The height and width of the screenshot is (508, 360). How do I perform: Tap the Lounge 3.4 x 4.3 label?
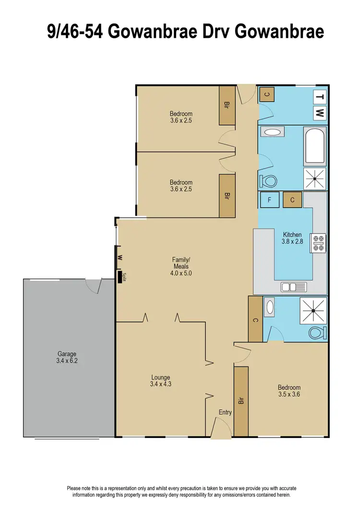point(160,380)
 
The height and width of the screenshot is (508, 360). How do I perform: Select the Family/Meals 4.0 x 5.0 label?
point(180,266)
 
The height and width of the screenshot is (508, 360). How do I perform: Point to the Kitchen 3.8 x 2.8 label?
point(292,238)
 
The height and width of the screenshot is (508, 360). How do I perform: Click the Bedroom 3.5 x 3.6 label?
point(289,391)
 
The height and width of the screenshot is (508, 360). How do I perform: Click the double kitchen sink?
point(294,287)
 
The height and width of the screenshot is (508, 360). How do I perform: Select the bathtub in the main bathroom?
point(315,146)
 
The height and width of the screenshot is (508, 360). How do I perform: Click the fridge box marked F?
point(270,200)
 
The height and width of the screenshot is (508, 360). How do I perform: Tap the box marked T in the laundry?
point(320,97)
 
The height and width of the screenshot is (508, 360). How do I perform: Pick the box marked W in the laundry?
point(320,113)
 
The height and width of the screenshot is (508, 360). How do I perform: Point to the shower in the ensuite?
point(313,310)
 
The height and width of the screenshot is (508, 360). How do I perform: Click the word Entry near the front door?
point(225,412)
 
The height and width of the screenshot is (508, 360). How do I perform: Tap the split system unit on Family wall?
point(119,277)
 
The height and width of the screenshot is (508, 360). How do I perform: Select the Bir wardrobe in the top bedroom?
point(227,105)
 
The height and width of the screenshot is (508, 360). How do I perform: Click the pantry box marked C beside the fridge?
point(292,200)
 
